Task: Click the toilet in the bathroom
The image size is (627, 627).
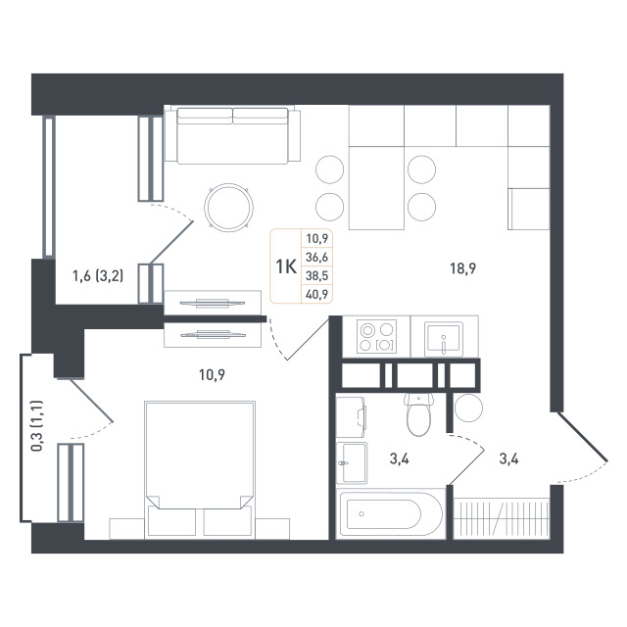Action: tap(418, 414)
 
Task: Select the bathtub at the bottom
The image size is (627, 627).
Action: tap(391, 513)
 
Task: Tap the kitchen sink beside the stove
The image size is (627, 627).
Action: tap(444, 339)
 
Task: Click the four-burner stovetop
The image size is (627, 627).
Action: tap(376, 336)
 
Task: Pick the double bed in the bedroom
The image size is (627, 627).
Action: tap(200, 469)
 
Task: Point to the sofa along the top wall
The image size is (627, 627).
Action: tap(232, 135)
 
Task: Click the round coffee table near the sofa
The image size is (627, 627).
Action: tap(228, 207)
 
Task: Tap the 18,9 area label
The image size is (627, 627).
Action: tap(463, 268)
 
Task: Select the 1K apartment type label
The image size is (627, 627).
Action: tap(286, 266)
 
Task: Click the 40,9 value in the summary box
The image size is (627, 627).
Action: tap(316, 294)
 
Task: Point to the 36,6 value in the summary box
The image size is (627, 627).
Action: tap(316, 257)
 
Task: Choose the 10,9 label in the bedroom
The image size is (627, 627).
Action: tap(212, 374)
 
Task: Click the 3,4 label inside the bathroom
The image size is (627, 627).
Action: tap(400, 459)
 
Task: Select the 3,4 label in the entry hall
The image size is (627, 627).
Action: tap(508, 459)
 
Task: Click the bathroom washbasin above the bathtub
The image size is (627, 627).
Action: tap(352, 462)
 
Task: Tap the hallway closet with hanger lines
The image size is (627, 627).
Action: tap(502, 517)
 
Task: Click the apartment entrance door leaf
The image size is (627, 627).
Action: tap(582, 437)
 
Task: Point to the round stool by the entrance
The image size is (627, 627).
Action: tap(468, 408)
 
